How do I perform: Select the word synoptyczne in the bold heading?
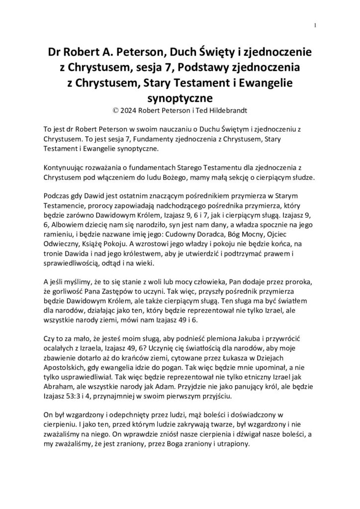pyautogui.click(x=180, y=95)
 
